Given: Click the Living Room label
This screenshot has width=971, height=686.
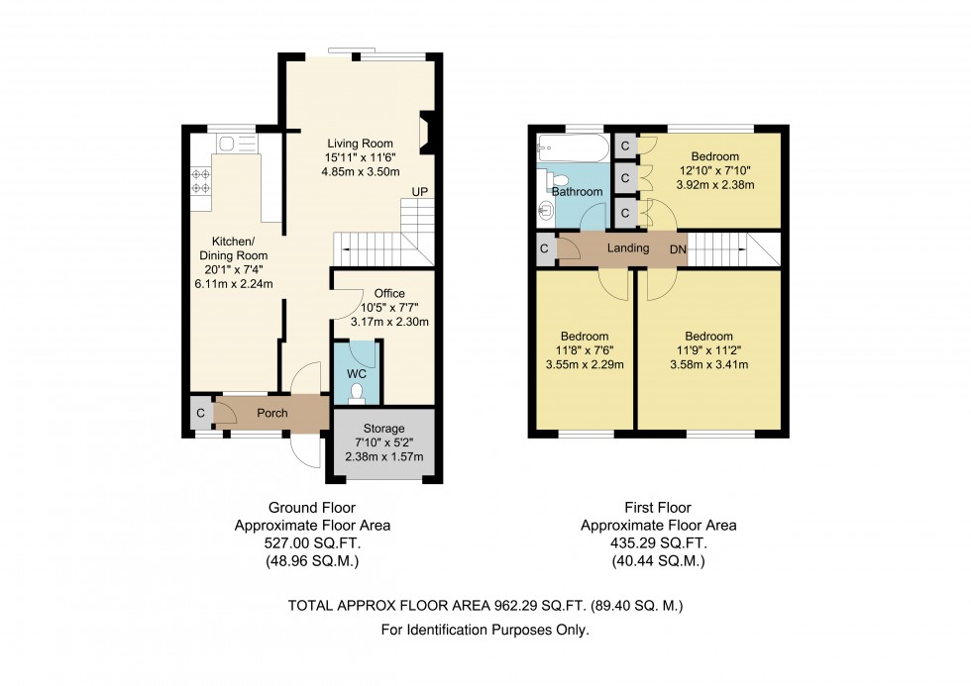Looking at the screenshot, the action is pos(361,144).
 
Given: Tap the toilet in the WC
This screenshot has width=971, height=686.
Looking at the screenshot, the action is pos(357,394).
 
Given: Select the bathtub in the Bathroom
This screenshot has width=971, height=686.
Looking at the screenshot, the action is pos(574,147).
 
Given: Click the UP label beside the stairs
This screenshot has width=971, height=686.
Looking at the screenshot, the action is pos(420,192).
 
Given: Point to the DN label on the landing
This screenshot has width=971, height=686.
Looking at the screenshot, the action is pos(678,249).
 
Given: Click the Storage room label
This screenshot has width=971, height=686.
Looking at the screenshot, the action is pos(384,429).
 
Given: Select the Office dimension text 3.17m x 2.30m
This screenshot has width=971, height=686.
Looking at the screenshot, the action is pos(389,322).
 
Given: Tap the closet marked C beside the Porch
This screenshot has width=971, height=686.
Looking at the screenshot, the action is pos(200,413).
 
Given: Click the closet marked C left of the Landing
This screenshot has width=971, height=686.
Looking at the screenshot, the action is pos(544,249).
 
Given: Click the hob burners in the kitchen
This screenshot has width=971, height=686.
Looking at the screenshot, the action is pos(200,180).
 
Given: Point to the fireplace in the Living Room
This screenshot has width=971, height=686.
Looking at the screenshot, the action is pos(427,133).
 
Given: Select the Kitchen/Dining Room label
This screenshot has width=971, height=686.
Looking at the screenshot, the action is pos(234,248).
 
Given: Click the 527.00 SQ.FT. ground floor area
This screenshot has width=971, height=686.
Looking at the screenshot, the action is pos(312,543).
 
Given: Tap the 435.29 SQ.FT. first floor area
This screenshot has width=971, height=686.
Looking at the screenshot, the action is pos(658,543).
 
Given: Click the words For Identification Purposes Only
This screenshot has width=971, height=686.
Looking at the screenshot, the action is pos(485,631).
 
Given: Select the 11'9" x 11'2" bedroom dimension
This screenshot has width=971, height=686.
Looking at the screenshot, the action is pos(709,350).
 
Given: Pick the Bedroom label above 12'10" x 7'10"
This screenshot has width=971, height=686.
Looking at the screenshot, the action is pos(715,156).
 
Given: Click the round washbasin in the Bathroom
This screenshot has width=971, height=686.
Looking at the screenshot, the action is pos(546,210).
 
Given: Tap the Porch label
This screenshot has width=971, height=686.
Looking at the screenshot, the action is pos(272,413).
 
